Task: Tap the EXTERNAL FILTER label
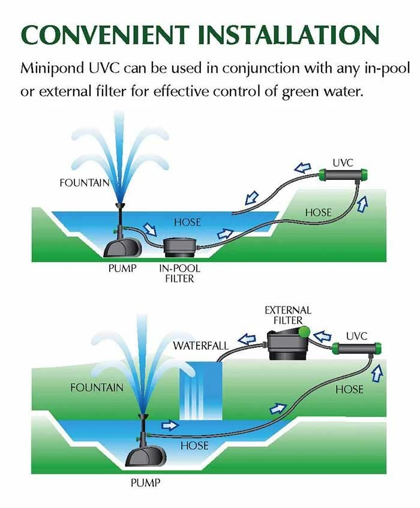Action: [x=288, y=315]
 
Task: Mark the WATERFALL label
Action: [x=200, y=346]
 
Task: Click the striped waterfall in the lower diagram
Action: [x=200, y=390]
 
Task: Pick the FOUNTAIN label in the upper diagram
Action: [x=84, y=183]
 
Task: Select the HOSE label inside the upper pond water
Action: [x=187, y=223]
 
